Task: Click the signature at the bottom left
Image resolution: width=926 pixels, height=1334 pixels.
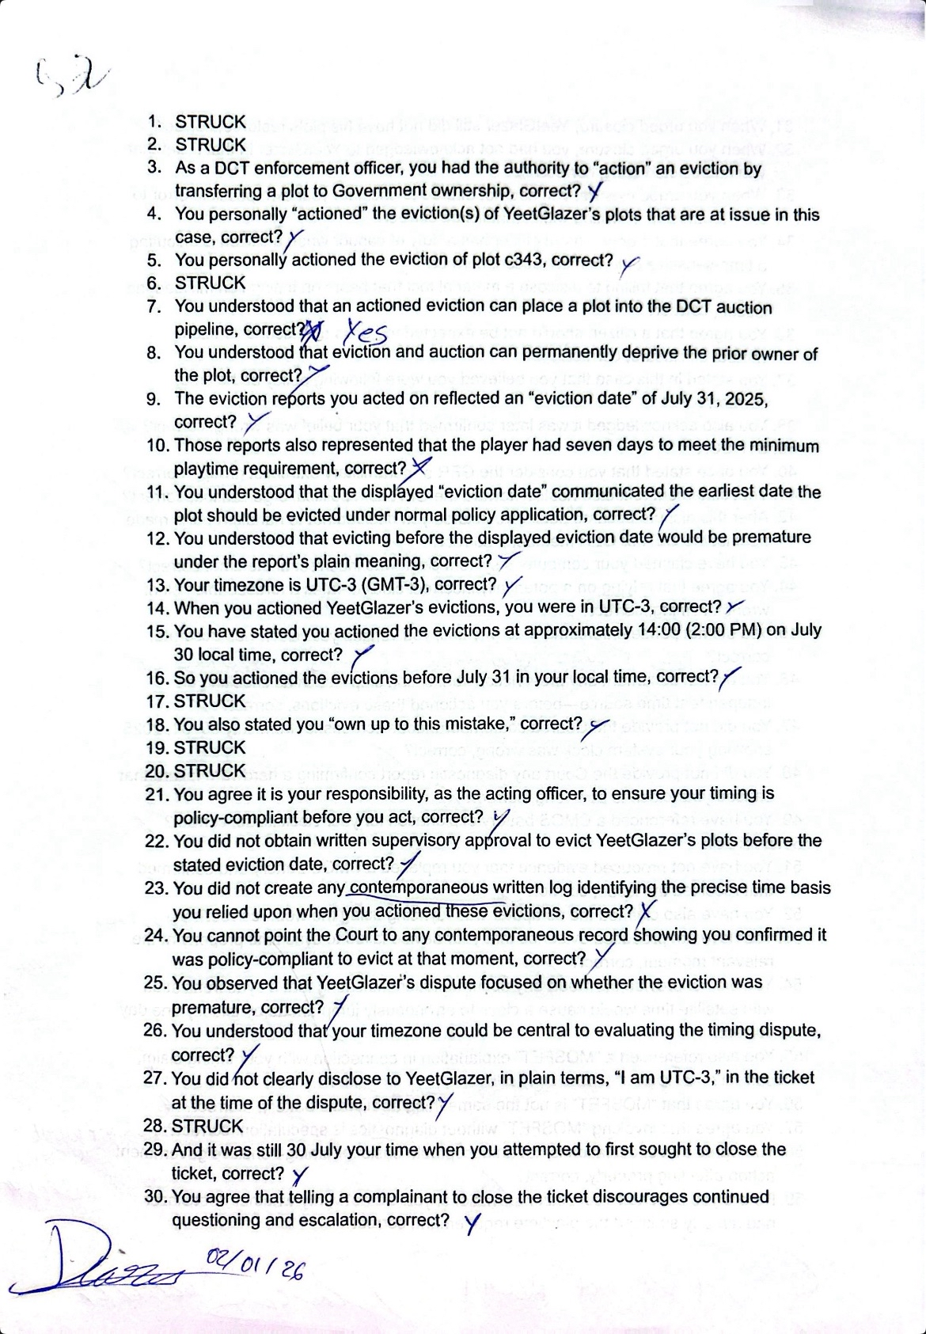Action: [103, 1267]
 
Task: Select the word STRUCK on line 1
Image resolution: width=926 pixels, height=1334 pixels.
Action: [211, 122]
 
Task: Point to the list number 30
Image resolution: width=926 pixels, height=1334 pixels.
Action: [155, 1196]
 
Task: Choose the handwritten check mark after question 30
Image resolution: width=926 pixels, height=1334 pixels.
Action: [471, 1224]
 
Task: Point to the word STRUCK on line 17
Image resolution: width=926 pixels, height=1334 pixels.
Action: [210, 701]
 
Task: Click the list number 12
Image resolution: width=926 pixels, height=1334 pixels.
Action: [157, 538]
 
